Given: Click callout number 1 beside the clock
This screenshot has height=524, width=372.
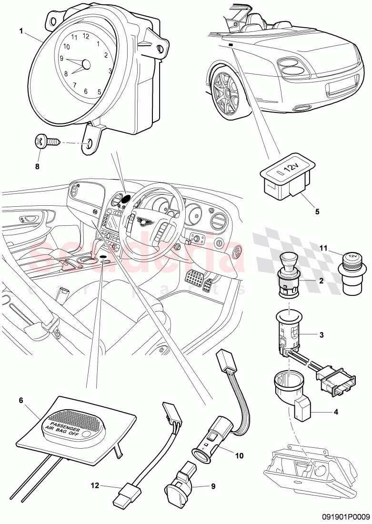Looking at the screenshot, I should [x=21, y=31].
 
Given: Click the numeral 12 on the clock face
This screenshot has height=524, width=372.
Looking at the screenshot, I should [x=86, y=36].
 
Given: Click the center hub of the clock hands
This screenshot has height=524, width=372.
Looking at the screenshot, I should [x=86, y=64].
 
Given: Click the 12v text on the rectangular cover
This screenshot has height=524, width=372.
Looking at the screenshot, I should [x=289, y=168].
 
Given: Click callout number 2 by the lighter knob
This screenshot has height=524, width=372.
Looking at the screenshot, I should [x=322, y=281].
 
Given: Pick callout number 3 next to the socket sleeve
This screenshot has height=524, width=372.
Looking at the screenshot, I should [x=322, y=335].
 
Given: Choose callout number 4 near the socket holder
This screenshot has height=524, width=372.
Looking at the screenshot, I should [x=336, y=412].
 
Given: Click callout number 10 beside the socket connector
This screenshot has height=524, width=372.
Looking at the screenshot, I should [x=239, y=456].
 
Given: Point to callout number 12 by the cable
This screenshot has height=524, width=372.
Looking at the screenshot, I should [x=96, y=486].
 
